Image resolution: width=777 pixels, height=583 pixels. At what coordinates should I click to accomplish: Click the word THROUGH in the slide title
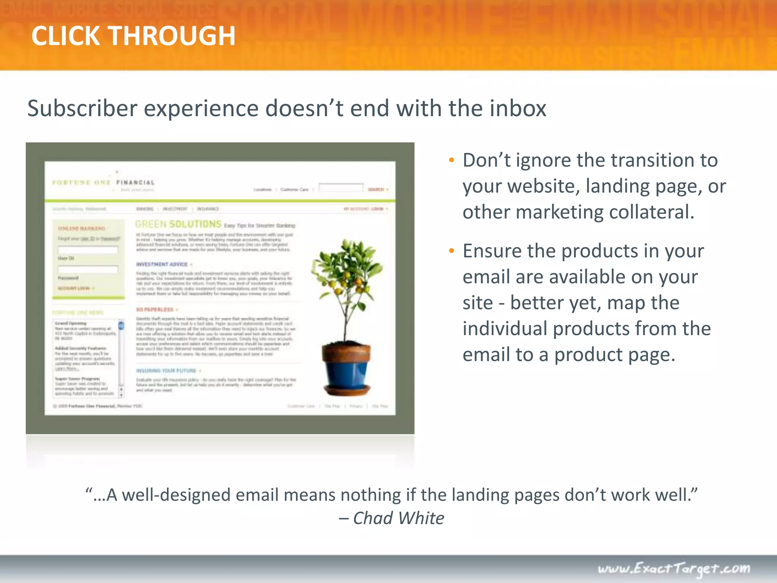(172, 36)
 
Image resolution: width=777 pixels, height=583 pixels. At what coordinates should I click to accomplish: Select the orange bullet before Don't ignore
(451, 161)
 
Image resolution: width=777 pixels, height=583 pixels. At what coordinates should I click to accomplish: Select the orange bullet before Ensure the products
(451, 251)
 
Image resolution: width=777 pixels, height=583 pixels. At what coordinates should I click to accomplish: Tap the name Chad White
(398, 518)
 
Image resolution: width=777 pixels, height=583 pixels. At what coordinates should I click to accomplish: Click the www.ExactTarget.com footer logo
(674, 569)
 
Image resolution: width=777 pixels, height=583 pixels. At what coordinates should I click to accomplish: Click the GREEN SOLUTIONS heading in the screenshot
(178, 224)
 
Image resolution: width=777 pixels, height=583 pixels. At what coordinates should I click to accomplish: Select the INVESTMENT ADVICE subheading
(162, 264)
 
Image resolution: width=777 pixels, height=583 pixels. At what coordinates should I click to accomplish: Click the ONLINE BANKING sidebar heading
(82, 228)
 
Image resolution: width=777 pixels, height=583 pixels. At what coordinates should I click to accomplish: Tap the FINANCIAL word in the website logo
(135, 183)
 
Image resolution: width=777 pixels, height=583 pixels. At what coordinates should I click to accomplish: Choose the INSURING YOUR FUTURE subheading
(166, 370)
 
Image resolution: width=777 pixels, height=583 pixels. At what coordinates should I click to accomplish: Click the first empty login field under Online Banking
(88, 249)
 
